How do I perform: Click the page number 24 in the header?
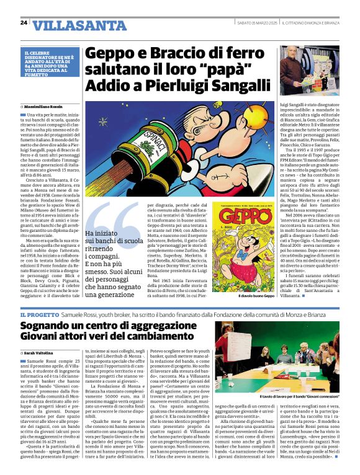pyautogui.click(x=24, y=22)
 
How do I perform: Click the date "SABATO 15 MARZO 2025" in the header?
pyautogui.click(x=256, y=23)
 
